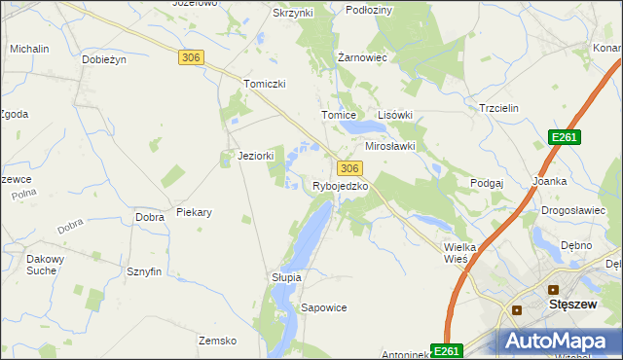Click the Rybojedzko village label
click(340, 186)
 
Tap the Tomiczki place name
click(265, 84)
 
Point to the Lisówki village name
click(395, 114)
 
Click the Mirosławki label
click(390, 146)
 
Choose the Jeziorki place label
click(256, 156)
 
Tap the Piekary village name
click(195, 212)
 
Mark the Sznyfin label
click(143, 272)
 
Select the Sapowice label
click(324, 307)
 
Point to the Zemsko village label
click(218, 341)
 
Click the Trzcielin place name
click(501, 109)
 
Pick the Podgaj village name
click(487, 183)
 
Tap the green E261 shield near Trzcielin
click(564, 138)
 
